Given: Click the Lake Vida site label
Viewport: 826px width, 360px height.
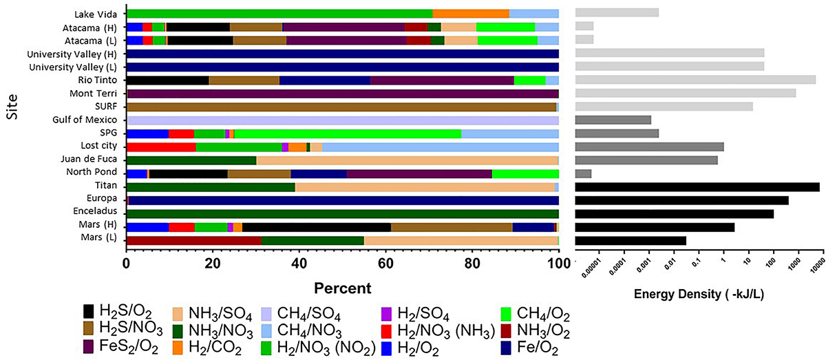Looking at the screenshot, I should click(x=96, y=13).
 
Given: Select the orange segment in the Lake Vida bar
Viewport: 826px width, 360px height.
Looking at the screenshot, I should click(x=470, y=13).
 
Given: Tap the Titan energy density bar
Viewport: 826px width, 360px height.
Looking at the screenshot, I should click(x=697, y=187).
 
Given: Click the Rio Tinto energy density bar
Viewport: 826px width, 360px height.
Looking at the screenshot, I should click(x=695, y=80).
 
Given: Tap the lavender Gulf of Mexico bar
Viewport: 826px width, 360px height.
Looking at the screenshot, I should click(x=342, y=120).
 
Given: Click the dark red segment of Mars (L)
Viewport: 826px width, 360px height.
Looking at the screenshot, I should click(x=194, y=240).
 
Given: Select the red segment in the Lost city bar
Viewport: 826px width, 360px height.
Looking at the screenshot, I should click(x=161, y=147).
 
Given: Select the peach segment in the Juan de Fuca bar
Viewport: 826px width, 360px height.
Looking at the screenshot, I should click(x=407, y=160).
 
